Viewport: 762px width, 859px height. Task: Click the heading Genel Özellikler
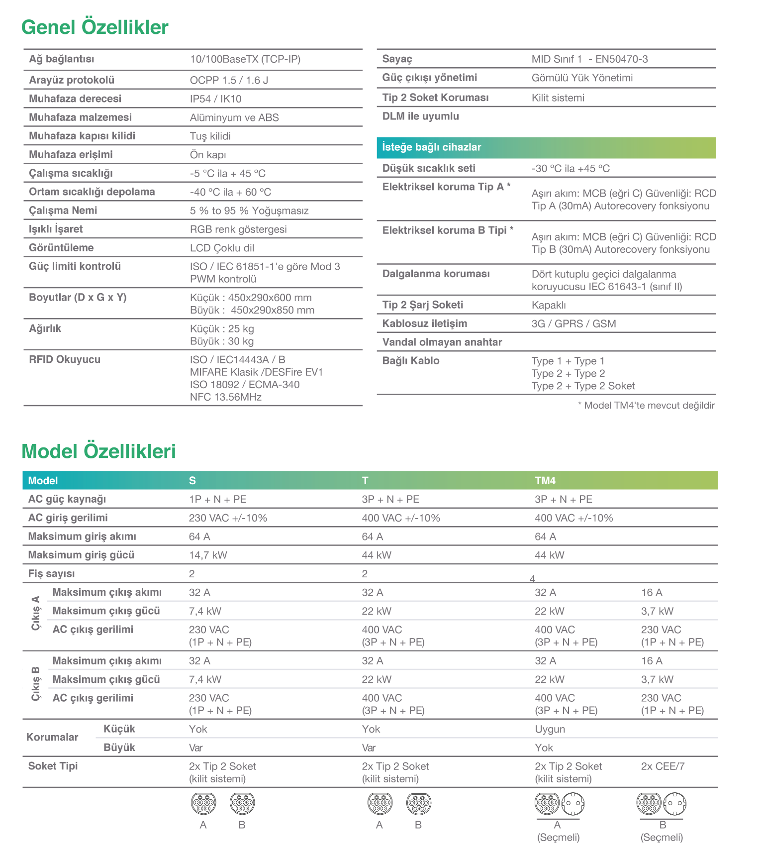95,27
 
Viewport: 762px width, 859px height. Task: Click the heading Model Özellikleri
98,451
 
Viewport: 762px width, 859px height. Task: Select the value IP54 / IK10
215,99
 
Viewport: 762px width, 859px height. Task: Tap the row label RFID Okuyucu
65,360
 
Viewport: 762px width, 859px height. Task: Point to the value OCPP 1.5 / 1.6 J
229,81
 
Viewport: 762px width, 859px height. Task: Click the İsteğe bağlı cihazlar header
432,147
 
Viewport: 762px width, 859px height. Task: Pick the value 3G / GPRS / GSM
573,324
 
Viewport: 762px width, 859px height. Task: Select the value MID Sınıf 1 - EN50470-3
589,59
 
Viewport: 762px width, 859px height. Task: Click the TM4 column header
545,481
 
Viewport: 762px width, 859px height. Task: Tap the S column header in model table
192,481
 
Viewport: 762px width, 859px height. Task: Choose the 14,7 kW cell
208,555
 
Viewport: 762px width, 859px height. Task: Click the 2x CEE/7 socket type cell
663,766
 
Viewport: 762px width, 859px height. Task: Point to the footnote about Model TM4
646,406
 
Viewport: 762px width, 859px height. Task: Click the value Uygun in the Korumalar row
550,729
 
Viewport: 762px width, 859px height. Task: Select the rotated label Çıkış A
36,613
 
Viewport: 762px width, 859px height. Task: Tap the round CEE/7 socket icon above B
675,803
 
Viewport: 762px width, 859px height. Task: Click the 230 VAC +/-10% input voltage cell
228,518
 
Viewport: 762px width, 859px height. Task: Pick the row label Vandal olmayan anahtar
442,342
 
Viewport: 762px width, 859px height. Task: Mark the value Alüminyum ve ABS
234,118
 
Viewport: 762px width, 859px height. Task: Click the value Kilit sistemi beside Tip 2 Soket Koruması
558,98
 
